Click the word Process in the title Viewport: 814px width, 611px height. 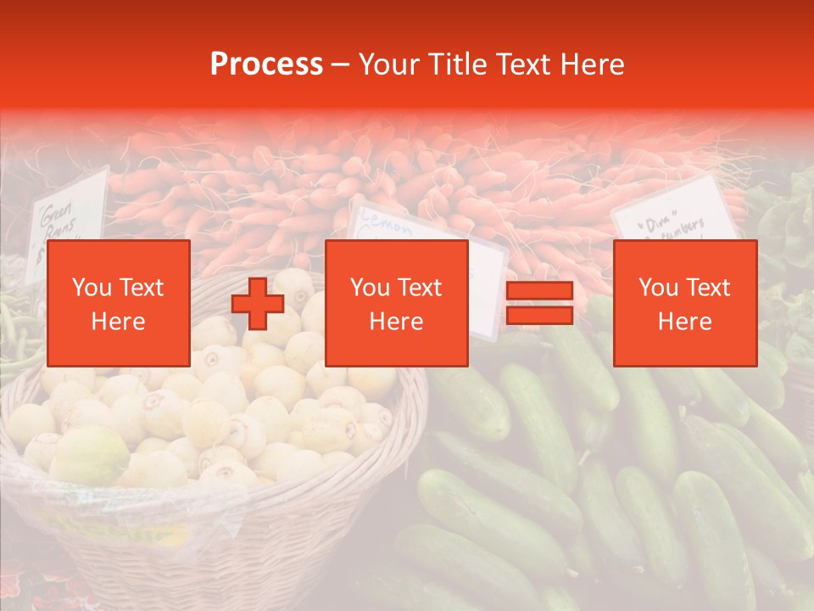[x=266, y=64]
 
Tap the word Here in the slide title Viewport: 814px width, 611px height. [x=590, y=64]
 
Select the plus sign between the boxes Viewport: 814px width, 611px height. [x=258, y=303]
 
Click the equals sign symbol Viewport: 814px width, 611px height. [x=539, y=303]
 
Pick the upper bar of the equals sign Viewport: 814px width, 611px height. [x=539, y=291]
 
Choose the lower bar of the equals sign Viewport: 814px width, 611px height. [x=539, y=315]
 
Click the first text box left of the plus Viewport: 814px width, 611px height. [x=118, y=303]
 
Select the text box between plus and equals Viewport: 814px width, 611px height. [x=396, y=303]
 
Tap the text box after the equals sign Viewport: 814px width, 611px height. [x=684, y=303]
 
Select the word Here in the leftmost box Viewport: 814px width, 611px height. [x=118, y=321]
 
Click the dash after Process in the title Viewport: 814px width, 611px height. [x=340, y=64]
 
